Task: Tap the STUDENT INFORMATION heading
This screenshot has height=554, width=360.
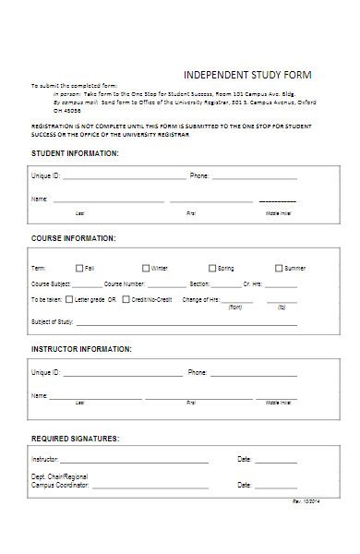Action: tap(75, 152)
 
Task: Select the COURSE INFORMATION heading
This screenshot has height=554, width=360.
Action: tap(74, 238)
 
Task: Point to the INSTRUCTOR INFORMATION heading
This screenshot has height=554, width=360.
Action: tap(81, 349)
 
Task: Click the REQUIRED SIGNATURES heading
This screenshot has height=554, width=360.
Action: tap(75, 437)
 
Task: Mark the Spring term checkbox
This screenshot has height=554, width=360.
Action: tap(211, 268)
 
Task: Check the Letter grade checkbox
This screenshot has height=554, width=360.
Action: tap(69, 300)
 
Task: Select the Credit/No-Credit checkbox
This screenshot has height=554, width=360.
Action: tap(126, 300)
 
